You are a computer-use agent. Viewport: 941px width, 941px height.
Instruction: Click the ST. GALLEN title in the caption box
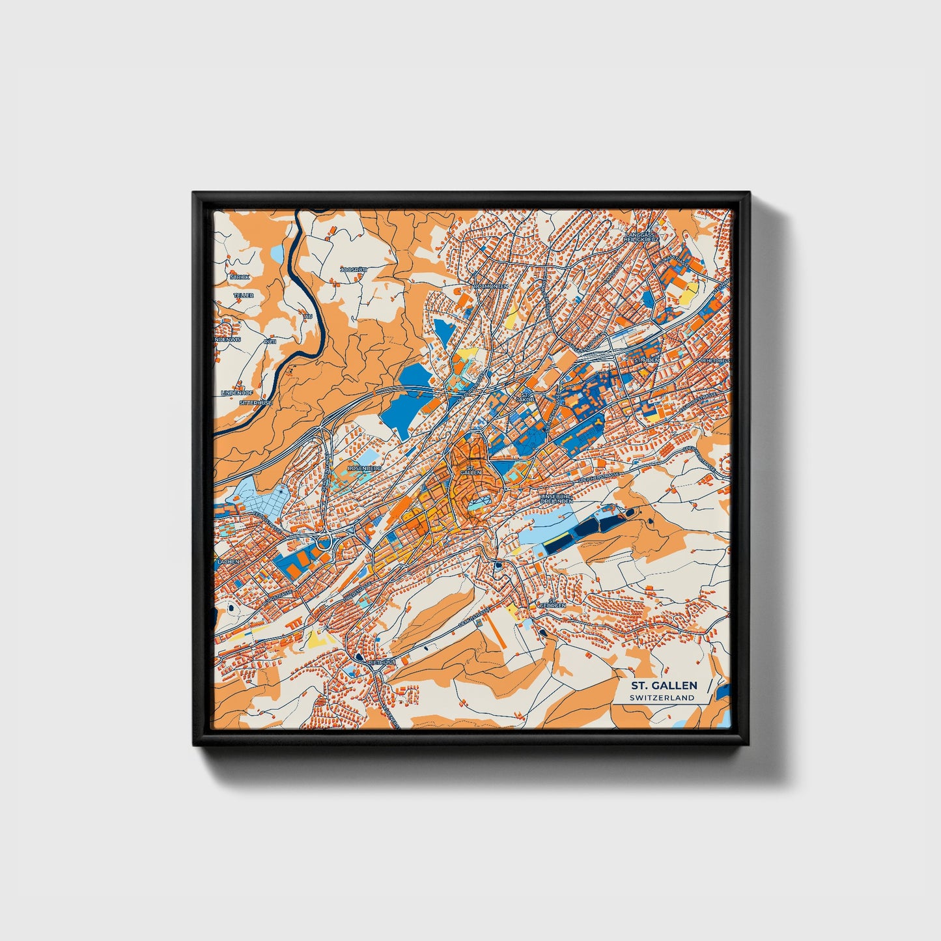[663, 685]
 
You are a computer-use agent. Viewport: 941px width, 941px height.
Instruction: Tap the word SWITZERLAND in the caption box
[662, 697]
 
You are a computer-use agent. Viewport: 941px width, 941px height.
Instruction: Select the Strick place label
[240, 277]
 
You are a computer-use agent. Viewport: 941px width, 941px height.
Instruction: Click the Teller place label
[244, 295]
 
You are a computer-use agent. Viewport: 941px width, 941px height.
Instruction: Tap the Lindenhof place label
[236, 393]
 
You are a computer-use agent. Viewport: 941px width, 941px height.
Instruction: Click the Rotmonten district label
[492, 286]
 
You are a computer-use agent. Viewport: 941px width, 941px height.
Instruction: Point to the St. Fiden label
[647, 359]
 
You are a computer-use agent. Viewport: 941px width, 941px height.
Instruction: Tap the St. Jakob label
[525, 397]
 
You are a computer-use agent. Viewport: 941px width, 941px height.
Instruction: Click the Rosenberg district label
[365, 468]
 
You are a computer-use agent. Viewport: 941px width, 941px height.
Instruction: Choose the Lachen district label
[229, 561]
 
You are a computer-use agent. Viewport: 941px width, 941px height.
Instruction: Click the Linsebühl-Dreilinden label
[557, 498]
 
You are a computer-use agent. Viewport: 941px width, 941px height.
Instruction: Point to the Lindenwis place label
[227, 339]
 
